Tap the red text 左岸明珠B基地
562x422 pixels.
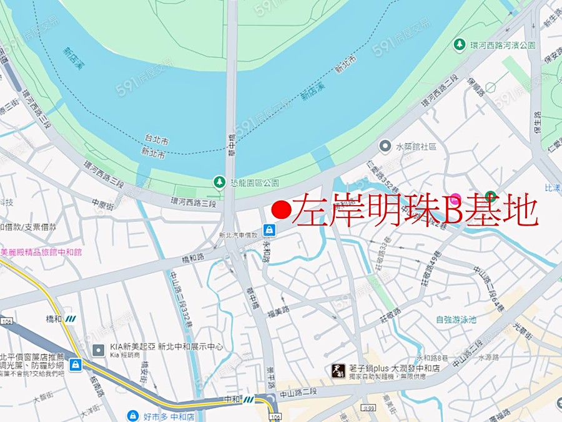click(415, 210)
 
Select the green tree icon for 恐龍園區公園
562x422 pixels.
click(219, 182)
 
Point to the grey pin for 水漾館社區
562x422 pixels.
click(385, 146)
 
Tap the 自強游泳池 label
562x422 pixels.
click(455, 319)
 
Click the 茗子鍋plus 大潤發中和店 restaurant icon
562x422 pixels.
click(337, 371)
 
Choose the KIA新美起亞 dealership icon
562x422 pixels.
click(98, 350)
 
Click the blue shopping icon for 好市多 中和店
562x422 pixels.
click(132, 416)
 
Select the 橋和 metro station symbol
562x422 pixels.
click(70, 318)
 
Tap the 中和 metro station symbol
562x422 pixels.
click(249, 399)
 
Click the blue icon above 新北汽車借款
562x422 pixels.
click(269, 229)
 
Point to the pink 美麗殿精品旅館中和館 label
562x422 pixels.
click(41, 253)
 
